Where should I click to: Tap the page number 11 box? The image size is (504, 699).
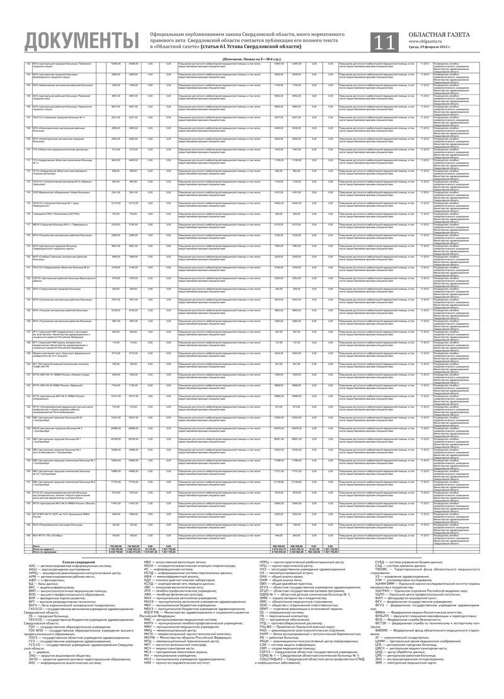pyautogui.click(x=384, y=42)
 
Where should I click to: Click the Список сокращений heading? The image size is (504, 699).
pyautogui.click(x=79, y=561)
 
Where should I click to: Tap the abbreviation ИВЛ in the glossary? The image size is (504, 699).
pyautogui.click(x=149, y=561)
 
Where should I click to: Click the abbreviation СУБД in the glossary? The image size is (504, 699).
pyautogui.click(x=381, y=561)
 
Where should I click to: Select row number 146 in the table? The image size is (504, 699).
pyautogui.click(x=28, y=534)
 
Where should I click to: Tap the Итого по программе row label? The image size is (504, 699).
pyautogui.click(x=38, y=554)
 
